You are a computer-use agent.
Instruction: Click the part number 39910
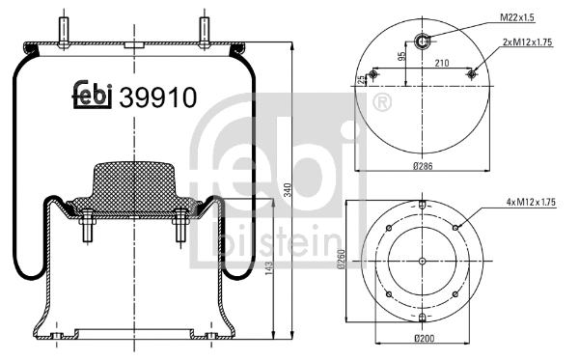click(x=158, y=97)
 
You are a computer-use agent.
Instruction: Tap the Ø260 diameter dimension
click(x=343, y=261)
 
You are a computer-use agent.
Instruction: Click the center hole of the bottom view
click(x=423, y=261)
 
